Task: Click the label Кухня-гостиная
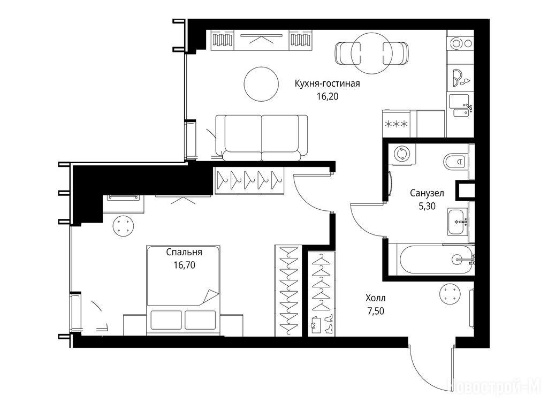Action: pos(327,84)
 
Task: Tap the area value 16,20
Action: pos(328,96)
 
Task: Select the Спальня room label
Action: pos(184,253)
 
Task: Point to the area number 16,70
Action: pos(184,265)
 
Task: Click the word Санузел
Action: pos(427,193)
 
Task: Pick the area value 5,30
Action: pos(427,207)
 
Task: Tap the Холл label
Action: pos(375,299)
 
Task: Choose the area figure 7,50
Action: pos(375,311)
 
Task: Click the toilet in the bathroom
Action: pos(456,162)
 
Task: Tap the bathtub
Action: pos(436,260)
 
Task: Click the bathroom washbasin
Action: pos(458,222)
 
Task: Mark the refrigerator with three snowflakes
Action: pos(396,124)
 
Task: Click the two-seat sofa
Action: pos(262,138)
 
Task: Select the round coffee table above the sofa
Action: pos(261,84)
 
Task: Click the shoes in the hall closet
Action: pos(329,324)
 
